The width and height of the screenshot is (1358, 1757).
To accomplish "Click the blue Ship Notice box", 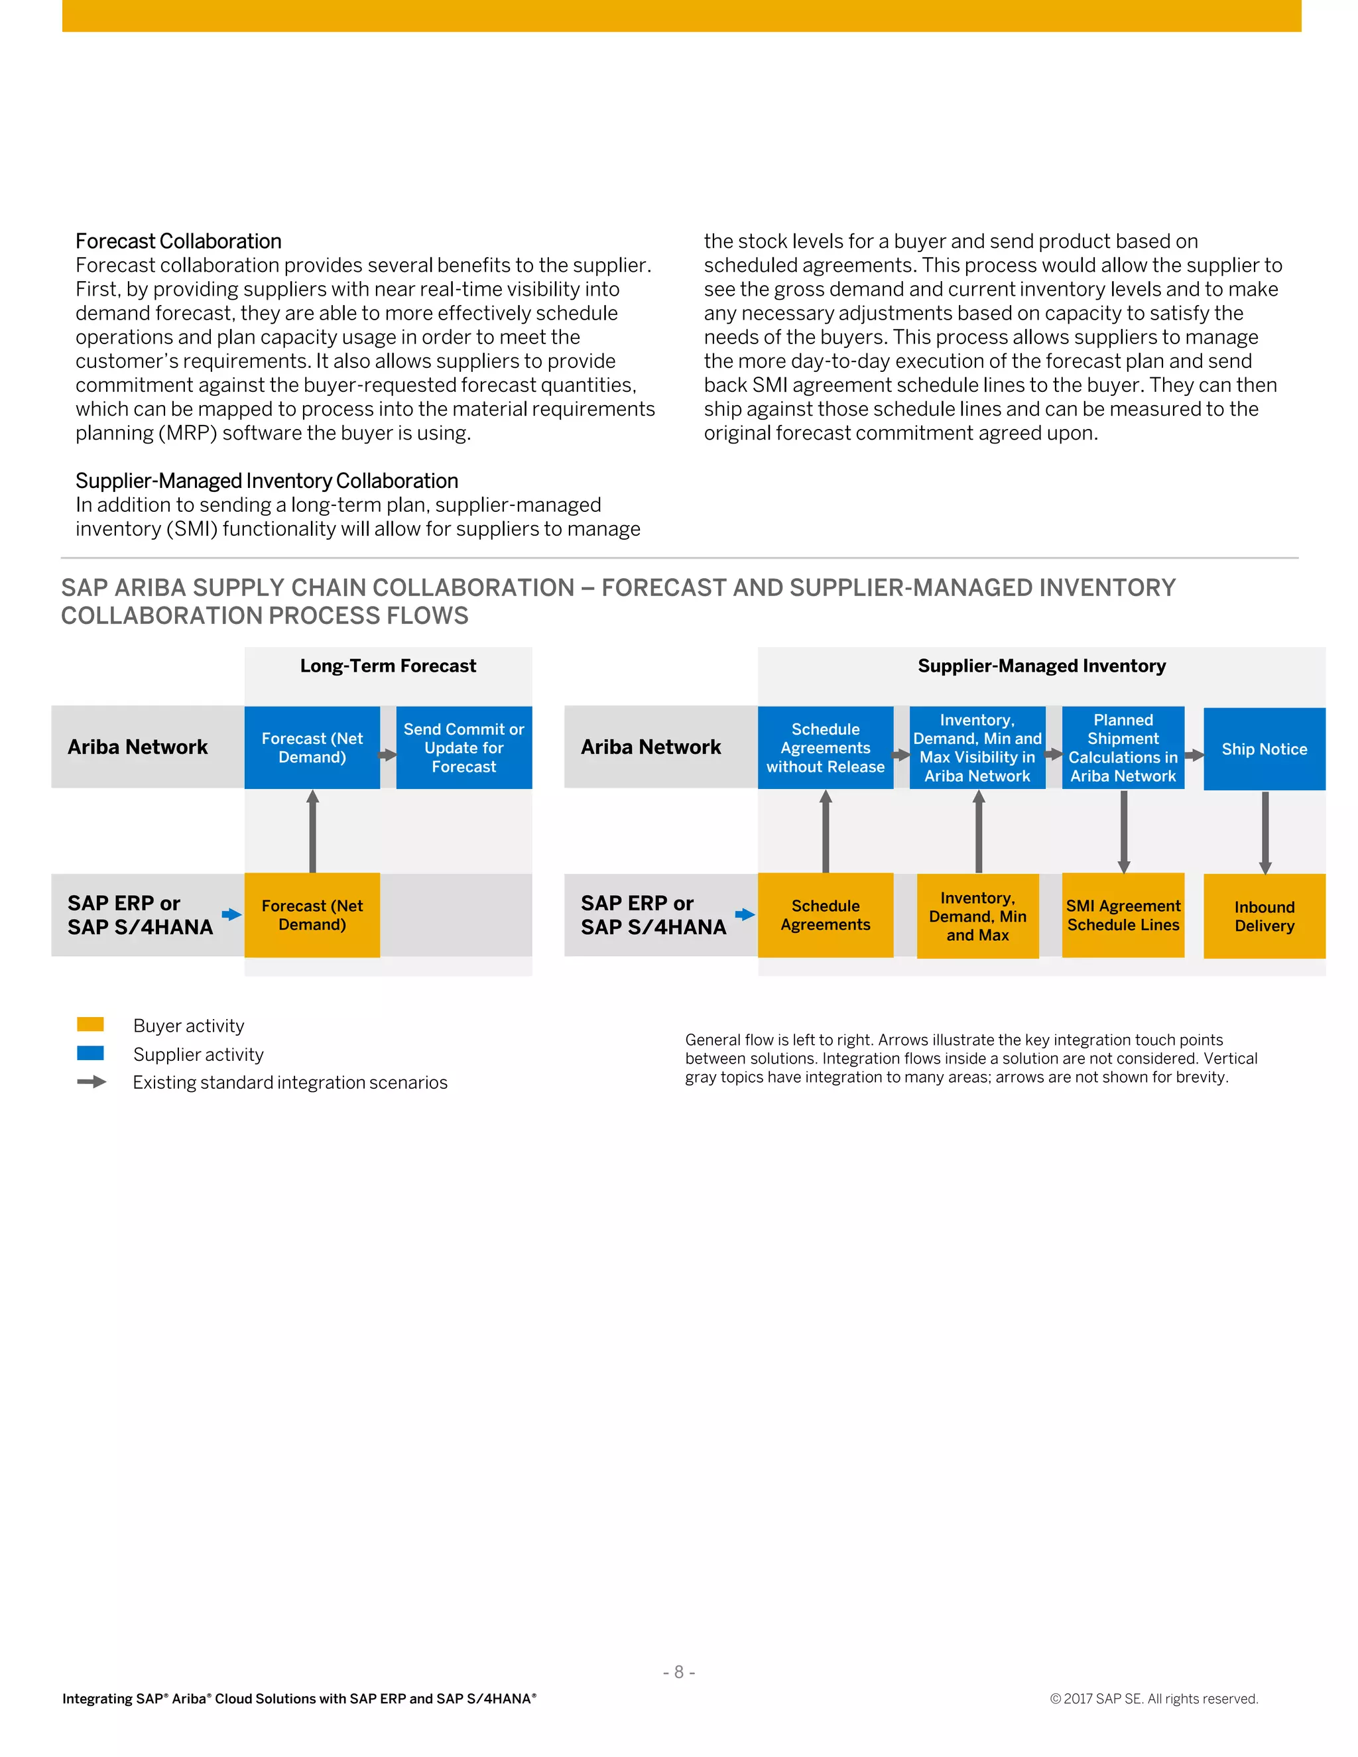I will [x=1264, y=749].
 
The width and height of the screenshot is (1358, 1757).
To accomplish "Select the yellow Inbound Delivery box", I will [x=1264, y=916].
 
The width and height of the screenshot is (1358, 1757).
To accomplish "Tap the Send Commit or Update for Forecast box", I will [x=463, y=747].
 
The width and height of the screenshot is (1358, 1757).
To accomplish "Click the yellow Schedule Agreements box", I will [x=825, y=915].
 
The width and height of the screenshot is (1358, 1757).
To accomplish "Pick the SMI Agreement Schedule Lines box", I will [x=1123, y=915].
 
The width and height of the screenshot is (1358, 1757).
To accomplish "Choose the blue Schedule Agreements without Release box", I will [x=825, y=747].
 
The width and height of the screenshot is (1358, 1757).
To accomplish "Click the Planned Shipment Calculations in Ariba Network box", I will [x=1123, y=747].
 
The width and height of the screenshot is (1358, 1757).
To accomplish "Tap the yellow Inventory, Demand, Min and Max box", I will [x=977, y=916].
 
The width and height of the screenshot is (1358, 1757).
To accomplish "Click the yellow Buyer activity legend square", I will [x=90, y=1024].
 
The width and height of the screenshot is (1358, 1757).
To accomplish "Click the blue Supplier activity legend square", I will [x=90, y=1053].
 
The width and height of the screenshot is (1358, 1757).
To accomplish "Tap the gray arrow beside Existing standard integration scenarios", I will [x=92, y=1081].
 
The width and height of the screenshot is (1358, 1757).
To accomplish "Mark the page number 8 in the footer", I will [x=678, y=1671].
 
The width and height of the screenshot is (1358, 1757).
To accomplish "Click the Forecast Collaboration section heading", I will [x=178, y=241].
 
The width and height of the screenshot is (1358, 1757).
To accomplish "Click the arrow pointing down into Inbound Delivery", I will [x=1265, y=832].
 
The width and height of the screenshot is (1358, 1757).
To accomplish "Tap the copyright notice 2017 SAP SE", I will [x=1154, y=1698].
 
